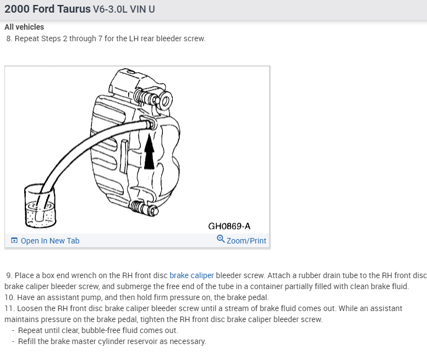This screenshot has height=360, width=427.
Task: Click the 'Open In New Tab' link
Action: [x=50, y=241]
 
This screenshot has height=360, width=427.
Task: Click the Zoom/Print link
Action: [x=246, y=241]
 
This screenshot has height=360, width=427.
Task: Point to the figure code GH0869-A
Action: [x=229, y=226]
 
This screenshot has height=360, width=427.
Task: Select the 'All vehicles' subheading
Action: [x=24, y=27]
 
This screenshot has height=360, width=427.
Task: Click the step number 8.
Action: [x=9, y=39]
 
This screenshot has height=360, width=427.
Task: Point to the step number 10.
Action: [x=9, y=297]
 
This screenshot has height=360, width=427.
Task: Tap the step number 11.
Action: [x=9, y=308]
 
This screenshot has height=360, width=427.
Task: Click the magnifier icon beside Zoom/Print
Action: [x=221, y=239]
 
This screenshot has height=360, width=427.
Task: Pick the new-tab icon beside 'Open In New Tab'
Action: [x=14, y=241]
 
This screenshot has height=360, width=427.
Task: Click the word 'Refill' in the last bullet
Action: [x=28, y=341]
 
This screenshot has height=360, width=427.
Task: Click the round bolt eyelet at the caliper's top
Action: [x=165, y=101]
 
